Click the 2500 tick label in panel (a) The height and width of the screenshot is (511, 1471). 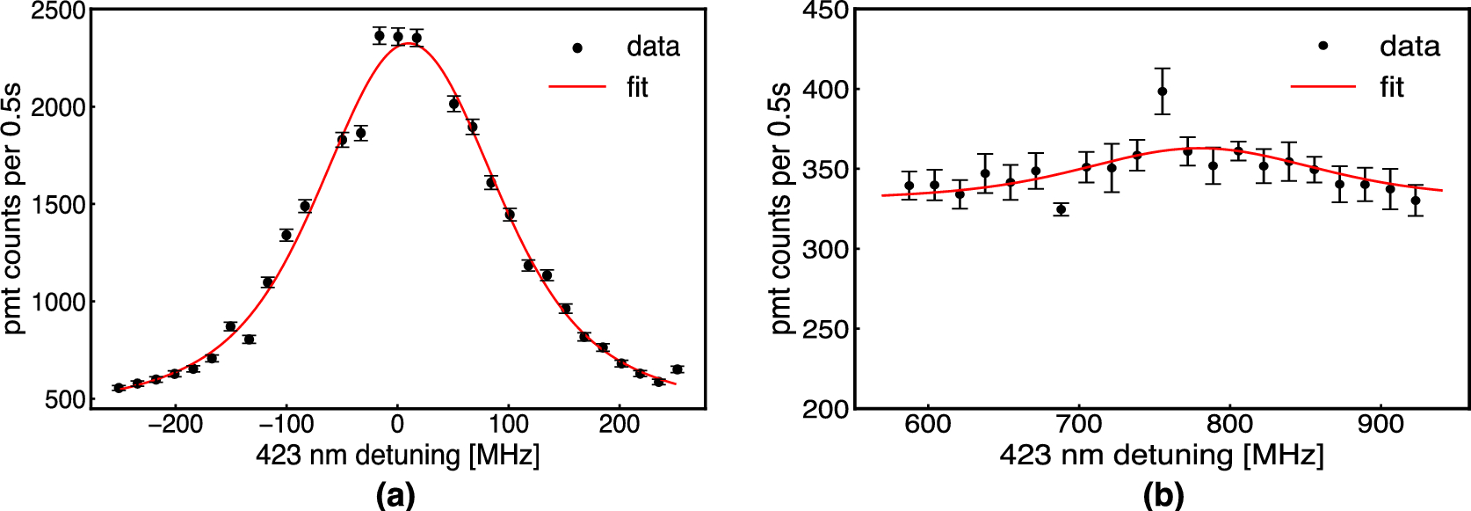[x=58, y=12]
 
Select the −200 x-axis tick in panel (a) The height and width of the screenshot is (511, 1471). [x=176, y=425]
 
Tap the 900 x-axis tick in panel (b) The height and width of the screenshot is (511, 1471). [x=1380, y=425]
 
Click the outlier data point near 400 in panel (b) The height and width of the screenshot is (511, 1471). [x=1163, y=91]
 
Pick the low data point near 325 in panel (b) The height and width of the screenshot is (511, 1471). [x=1062, y=209]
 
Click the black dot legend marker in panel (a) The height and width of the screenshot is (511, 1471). [x=577, y=47]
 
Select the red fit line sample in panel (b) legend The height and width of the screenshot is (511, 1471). [x=1322, y=86]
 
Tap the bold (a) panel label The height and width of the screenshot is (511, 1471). [x=395, y=495]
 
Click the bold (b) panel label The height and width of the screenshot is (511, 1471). [x=1163, y=495]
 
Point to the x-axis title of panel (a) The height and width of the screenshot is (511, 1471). [x=397, y=456]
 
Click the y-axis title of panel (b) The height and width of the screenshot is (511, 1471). [x=780, y=209]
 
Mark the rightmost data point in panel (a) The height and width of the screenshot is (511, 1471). [x=677, y=369]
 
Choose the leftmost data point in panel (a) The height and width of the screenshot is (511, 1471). [x=119, y=388]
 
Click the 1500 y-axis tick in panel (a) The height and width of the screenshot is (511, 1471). [x=58, y=205]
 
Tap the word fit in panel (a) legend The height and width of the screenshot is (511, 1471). [x=637, y=87]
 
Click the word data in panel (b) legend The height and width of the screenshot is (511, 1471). [x=1409, y=46]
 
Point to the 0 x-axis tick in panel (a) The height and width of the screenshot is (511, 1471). [x=397, y=425]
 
